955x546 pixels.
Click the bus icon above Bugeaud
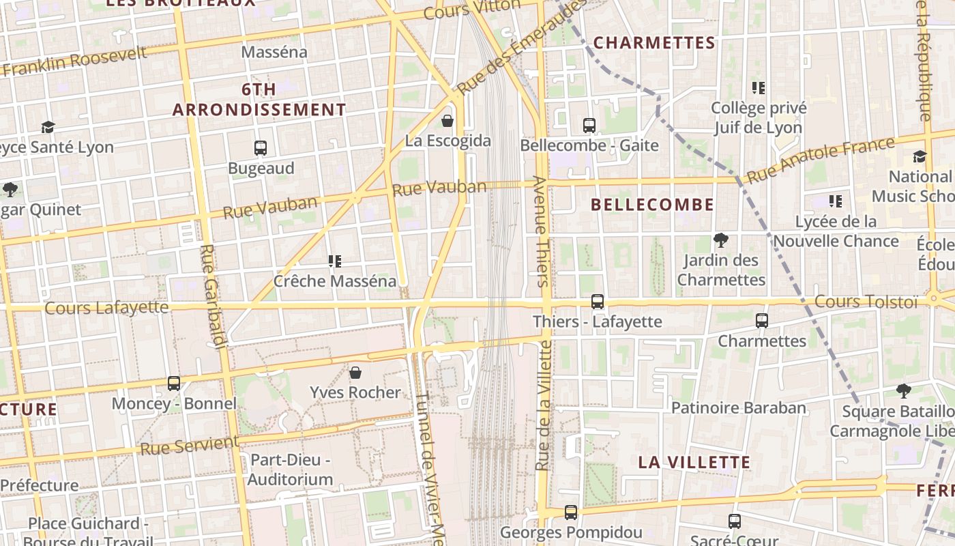(260, 147)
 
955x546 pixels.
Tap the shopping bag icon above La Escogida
(447, 121)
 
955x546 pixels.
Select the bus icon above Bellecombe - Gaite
(589, 125)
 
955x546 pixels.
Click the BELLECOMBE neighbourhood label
(652, 205)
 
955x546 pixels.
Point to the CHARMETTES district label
(654, 43)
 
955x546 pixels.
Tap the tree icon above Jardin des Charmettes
(720, 240)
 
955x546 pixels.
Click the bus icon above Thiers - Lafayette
(598, 301)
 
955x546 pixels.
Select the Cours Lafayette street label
(106, 308)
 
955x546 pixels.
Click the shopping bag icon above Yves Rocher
(355, 372)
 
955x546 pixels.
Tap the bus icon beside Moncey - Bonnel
(174, 384)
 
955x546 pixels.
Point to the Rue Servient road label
(189, 446)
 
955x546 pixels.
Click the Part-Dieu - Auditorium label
(290, 470)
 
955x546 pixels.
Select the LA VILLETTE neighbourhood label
(694, 462)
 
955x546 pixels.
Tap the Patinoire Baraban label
(739, 408)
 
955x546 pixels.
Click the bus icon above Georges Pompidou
(571, 512)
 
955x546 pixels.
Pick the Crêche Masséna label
(334, 281)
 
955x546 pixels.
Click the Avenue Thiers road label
(540, 231)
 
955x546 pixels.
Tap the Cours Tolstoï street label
(866, 302)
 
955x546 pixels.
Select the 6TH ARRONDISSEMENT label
(259, 100)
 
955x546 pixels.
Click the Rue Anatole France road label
(821, 160)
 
